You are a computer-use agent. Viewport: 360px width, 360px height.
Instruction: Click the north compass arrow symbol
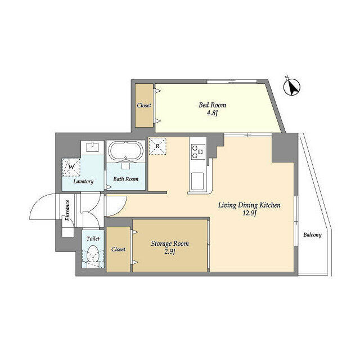(x=292, y=87)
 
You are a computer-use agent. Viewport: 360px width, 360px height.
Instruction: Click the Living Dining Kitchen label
(x=249, y=205)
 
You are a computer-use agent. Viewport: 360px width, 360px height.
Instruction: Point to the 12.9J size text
(x=249, y=215)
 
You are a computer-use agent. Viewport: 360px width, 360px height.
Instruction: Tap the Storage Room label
(x=170, y=244)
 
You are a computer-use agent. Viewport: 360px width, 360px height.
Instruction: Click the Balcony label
(x=312, y=235)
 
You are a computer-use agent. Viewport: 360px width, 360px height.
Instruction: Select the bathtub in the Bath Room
(x=126, y=152)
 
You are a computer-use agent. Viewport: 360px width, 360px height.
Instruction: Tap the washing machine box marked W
(x=71, y=166)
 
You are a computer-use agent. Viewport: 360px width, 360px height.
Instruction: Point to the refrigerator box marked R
(x=158, y=146)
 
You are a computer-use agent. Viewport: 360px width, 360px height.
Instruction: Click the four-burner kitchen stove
(x=198, y=150)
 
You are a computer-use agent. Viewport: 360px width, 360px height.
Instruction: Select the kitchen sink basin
(x=198, y=182)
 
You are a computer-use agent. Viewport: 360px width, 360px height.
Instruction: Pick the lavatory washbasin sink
(x=92, y=148)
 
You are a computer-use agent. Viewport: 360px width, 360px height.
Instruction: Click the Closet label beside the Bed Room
(x=144, y=105)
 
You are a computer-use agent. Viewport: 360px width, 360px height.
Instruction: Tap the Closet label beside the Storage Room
(x=118, y=249)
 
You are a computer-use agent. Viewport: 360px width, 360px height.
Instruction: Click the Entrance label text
(x=67, y=210)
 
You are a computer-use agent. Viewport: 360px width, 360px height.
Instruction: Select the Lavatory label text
(x=82, y=182)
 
